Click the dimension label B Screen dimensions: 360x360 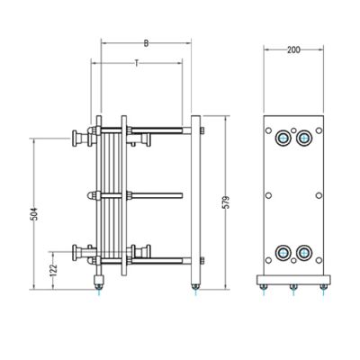point(146,43)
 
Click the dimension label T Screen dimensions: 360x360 point(137,63)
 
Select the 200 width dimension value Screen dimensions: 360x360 point(293,49)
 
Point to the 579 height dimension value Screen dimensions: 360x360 point(227,202)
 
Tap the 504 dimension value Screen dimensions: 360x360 point(35,214)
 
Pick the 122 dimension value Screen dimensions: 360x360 point(54,270)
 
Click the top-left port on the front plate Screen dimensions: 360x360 point(283,138)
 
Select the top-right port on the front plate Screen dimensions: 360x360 point(304,138)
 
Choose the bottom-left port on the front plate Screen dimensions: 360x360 point(283,253)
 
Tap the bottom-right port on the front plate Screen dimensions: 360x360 point(304,253)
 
